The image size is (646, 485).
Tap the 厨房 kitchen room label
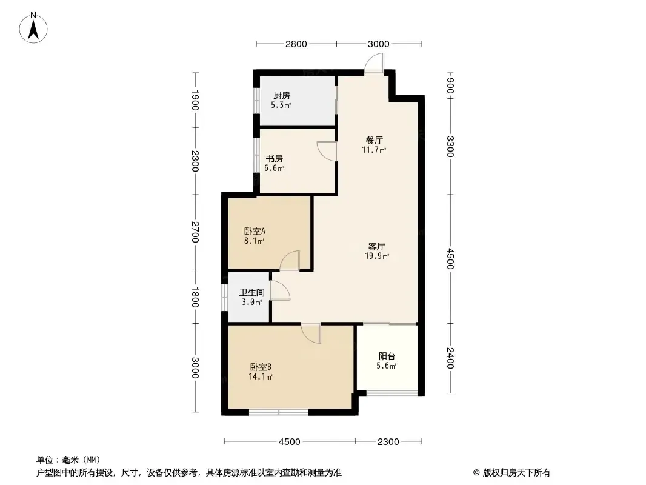[x=282, y=96]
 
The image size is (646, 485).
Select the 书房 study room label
[x=274, y=159]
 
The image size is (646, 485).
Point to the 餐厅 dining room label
[x=374, y=141]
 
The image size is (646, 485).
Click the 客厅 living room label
[x=376, y=246]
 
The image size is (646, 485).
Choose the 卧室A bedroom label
[x=255, y=231]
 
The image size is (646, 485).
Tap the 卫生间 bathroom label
[x=252, y=293]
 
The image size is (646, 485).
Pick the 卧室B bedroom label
[x=261, y=367]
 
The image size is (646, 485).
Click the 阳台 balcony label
[x=387, y=356]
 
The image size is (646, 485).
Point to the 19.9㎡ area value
[x=377, y=256]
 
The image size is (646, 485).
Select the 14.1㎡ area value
[x=261, y=376]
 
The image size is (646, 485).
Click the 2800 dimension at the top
[x=296, y=44]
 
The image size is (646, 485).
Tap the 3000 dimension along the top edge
[x=378, y=44]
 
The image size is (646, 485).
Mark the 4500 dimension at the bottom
[x=289, y=442]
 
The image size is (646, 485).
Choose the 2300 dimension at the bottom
[x=388, y=442]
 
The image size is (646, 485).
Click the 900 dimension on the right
[x=450, y=85]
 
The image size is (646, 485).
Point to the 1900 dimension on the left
[x=195, y=100]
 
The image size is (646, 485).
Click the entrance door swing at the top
[x=374, y=65]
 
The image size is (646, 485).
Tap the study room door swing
[x=327, y=151]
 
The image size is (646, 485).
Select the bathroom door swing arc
[x=280, y=290]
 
